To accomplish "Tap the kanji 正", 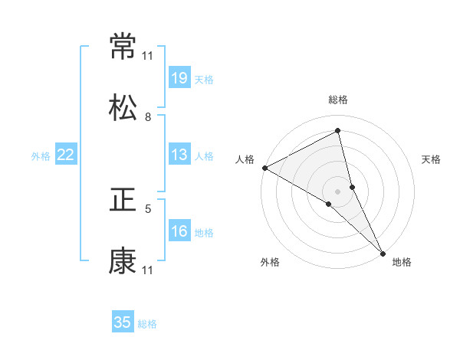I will (123, 200).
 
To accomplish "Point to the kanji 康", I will (123, 261).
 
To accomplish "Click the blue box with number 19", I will (179, 78).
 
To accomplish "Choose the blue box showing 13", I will (179, 155).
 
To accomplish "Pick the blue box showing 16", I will (179, 231).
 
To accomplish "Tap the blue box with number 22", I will (66, 155).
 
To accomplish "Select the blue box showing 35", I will (123, 322).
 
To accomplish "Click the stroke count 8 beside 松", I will (148, 117).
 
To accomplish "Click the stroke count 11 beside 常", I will (148, 56).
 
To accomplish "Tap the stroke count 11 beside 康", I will (148, 270).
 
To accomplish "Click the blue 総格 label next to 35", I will (147, 324).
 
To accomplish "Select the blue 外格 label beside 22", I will (41, 156).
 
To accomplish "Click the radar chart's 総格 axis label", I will (338, 100).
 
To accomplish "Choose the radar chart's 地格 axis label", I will (402, 263).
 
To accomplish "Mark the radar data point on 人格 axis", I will (264, 167).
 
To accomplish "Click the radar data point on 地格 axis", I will (383, 251).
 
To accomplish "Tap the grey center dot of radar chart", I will (338, 191).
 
